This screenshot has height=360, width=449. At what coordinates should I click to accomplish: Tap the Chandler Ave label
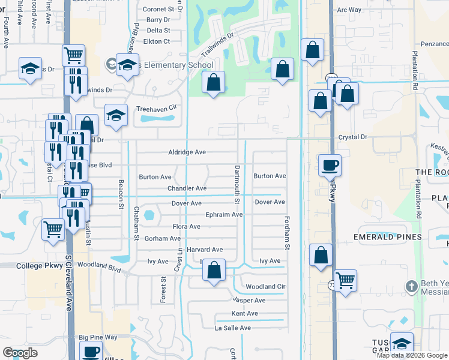(187, 188)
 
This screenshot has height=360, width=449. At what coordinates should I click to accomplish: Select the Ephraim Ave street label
(223, 214)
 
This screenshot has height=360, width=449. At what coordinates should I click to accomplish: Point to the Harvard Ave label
(205, 250)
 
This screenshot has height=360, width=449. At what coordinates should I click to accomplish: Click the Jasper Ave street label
(249, 300)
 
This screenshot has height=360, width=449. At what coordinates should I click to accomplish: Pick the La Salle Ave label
(233, 328)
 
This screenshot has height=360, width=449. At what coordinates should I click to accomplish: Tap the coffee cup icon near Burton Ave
(330, 164)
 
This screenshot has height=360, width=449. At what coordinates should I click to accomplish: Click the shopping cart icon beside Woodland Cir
(345, 280)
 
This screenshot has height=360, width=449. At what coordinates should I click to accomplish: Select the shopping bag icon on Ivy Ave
(213, 270)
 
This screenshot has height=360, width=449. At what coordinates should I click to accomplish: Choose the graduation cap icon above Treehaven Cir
(116, 115)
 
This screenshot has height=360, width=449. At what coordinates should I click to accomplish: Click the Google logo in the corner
(20, 353)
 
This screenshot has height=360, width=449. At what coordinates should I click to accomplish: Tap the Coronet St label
(162, 10)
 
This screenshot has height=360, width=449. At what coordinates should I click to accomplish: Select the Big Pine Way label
(98, 338)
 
